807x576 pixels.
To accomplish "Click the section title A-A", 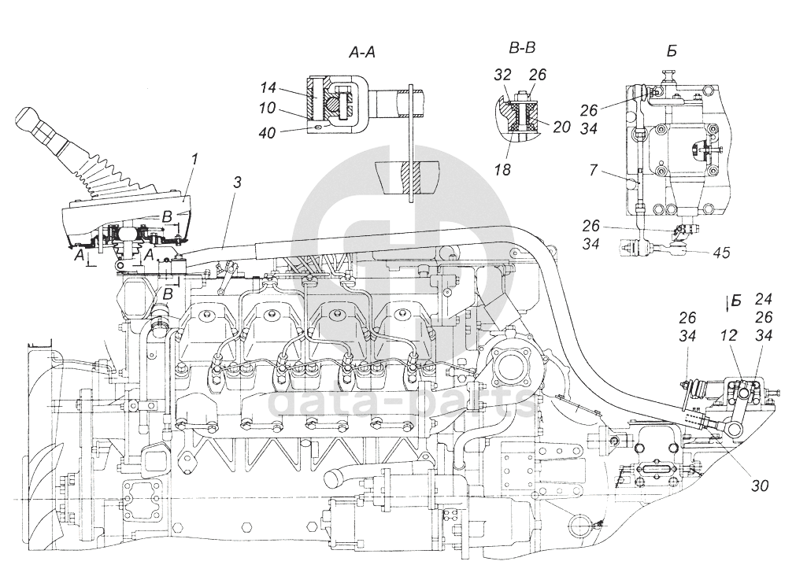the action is pos(364,52).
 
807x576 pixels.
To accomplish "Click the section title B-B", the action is pos(522,49).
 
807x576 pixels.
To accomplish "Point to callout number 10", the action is pos(268,109).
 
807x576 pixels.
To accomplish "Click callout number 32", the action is pos(502,75).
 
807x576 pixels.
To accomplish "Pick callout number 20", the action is pos(561,127).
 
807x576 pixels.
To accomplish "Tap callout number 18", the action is pos(502,169).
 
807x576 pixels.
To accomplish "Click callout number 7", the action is pos(594,170).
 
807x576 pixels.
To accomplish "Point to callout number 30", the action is pos(760,485).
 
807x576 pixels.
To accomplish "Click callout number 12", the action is pos(729,334).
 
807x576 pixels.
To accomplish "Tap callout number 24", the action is pos(764,299).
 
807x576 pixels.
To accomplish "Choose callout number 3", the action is pos(236,183).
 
